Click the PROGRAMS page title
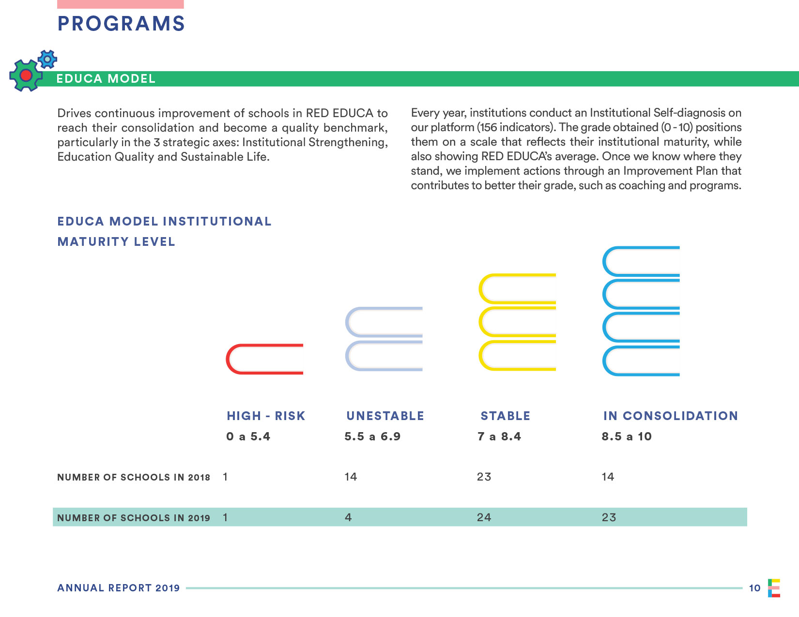coord(121,24)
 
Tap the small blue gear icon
coord(47,59)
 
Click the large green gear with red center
coord(26,75)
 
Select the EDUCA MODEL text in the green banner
coord(106,79)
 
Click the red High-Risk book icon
coord(264,359)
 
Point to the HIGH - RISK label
coord(266,416)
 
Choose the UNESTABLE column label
coord(385,416)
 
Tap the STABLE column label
coord(505,416)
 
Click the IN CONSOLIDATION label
coord(670,416)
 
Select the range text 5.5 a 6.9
coord(372,436)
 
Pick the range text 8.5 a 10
coord(627,436)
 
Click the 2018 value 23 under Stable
coord(484,477)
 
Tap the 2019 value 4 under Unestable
coord(348,517)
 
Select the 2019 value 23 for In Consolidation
coord(609,517)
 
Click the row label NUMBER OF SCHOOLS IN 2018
coord(134,478)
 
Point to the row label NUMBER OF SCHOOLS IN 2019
coord(134,518)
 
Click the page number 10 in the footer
coord(754,588)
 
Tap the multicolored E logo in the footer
coord(774,588)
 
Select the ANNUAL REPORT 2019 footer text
coord(119,588)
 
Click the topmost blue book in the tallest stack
coord(641,262)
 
